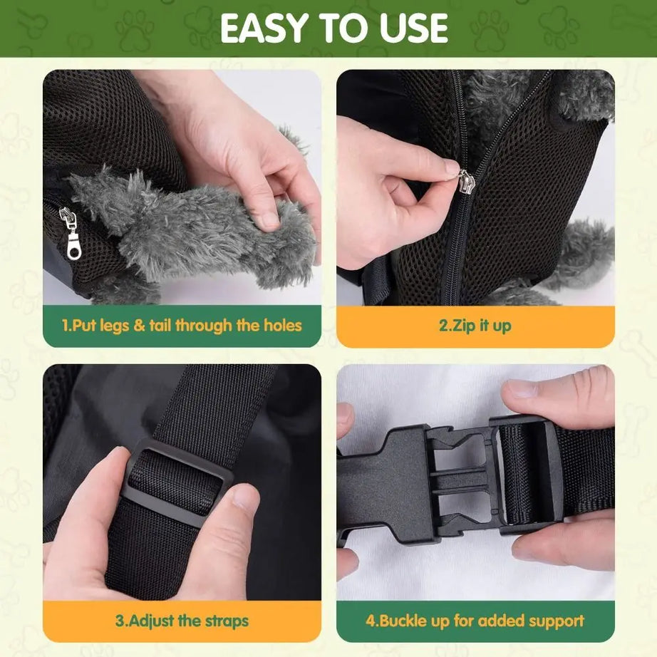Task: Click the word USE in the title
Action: [409, 29]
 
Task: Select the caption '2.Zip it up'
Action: [475, 326]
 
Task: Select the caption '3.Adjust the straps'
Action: [182, 620]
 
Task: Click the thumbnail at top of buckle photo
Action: [521, 389]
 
